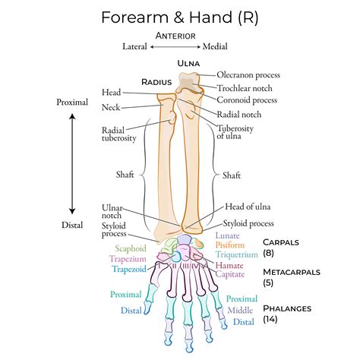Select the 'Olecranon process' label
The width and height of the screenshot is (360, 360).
pyautogui.click(x=248, y=75)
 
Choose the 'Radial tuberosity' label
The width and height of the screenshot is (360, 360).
pyautogui.click(x=118, y=134)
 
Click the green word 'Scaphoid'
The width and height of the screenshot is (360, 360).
pyautogui.click(x=131, y=248)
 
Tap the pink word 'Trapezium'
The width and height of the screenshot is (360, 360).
pyautogui.click(x=128, y=258)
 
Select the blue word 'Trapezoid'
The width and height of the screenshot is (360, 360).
pyautogui.click(x=128, y=269)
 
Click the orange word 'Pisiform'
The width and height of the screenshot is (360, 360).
pyautogui.click(x=229, y=245)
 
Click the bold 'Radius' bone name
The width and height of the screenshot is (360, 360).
pyautogui.click(x=158, y=81)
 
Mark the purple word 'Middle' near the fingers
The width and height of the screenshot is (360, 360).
pyautogui.click(x=241, y=310)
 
